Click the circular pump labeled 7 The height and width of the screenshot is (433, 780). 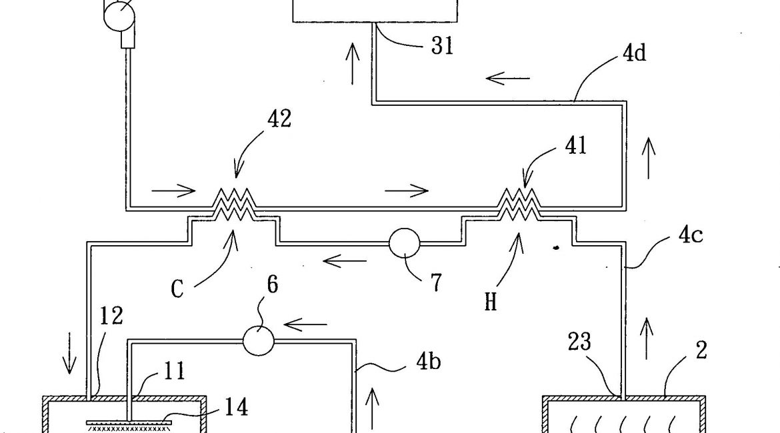coord(404,243)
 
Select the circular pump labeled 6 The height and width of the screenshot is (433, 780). coord(259,340)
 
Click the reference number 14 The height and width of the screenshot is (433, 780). coord(234,407)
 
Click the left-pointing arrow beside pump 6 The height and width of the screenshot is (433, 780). coord(305,325)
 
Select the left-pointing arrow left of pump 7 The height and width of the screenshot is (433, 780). coord(344,260)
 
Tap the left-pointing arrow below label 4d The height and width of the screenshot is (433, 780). coord(507,79)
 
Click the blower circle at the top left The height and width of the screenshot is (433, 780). coord(119,13)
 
